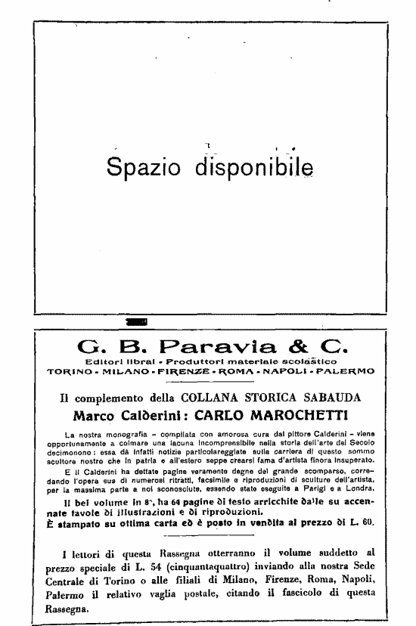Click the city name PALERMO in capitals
[x=343, y=371]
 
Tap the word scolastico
[x=311, y=362]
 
